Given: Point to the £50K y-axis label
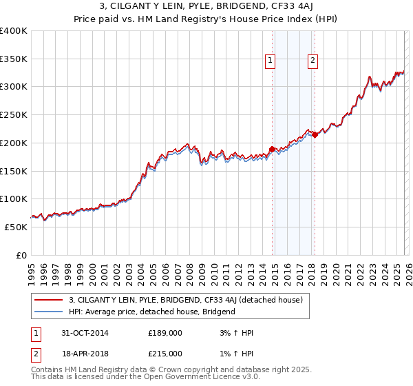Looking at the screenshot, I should click(x=16, y=227).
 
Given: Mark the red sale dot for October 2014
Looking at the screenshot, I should click(x=273, y=149).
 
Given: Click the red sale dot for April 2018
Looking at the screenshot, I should click(x=315, y=134).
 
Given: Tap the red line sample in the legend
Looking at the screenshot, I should click(x=49, y=300).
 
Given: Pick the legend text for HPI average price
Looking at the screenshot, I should click(x=152, y=312).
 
